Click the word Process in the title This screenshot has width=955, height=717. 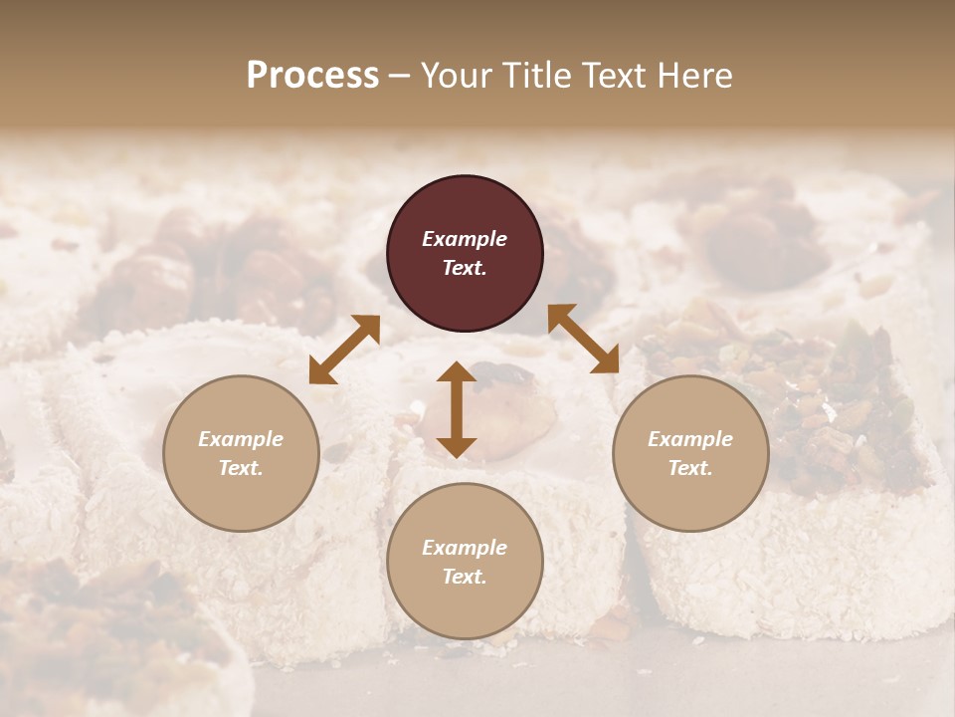[x=312, y=76]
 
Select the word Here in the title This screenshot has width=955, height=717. [x=693, y=76]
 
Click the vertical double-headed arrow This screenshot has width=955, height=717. [x=457, y=409]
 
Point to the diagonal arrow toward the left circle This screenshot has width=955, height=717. [x=344, y=349]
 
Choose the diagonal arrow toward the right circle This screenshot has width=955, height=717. [x=583, y=339]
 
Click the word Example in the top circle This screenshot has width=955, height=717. [x=465, y=239]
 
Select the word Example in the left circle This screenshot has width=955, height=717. [x=241, y=439]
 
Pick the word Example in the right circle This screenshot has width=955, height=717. [x=690, y=439]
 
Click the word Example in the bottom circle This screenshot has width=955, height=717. [x=465, y=548]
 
